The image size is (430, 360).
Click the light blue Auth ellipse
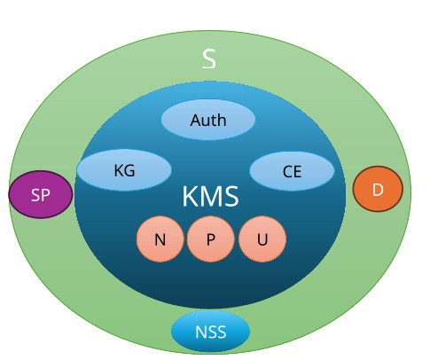(x=208, y=120)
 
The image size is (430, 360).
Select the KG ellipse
(x=124, y=170)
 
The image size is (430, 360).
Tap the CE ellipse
(x=292, y=171)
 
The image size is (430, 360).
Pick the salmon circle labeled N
(x=160, y=239)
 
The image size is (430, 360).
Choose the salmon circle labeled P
(x=211, y=239)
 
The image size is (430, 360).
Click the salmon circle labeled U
(x=262, y=239)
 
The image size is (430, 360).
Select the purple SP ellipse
(x=41, y=194)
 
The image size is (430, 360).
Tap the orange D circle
(x=378, y=189)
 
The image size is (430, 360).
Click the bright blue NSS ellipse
(x=210, y=331)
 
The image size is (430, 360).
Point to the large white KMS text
(x=210, y=196)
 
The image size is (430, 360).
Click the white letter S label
(x=209, y=59)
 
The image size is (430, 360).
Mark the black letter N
(x=160, y=239)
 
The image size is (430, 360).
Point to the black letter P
(x=210, y=239)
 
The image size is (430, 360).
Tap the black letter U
(x=262, y=239)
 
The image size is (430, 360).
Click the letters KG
(x=124, y=170)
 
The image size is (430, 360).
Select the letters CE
(x=292, y=172)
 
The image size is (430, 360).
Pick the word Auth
(x=208, y=120)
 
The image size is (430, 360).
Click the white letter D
(x=378, y=190)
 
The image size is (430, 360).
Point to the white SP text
(x=41, y=195)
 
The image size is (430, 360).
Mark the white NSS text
(x=211, y=332)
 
